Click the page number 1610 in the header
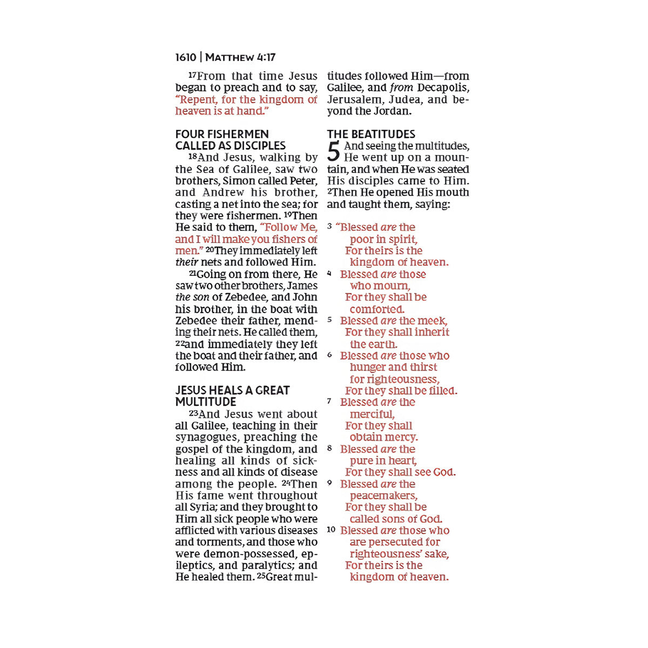pos(186,57)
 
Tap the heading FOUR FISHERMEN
pos(222,134)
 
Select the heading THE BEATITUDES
pos(371,134)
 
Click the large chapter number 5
pos(334,152)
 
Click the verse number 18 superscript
pos(192,157)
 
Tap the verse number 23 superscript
pos(193,413)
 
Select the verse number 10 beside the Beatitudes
pos(331,530)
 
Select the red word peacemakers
pos(383,495)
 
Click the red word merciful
pos(372,414)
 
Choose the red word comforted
pos(377,309)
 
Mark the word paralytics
pos(267,565)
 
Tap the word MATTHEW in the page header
pos(230,57)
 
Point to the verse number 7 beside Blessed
pos(329,401)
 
